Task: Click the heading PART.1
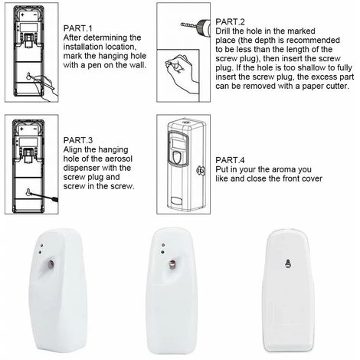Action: click(x=78, y=28)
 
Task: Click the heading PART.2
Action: click(x=230, y=21)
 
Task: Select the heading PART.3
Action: click(x=78, y=140)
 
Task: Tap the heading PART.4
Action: click(x=230, y=160)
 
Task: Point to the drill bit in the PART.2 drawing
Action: click(x=188, y=25)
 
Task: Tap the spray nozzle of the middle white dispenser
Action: click(x=172, y=264)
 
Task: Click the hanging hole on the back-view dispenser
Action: click(x=288, y=263)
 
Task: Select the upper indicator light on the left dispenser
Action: click(x=41, y=246)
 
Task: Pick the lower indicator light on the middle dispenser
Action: click(x=162, y=252)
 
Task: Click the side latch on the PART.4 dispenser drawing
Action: click(x=201, y=170)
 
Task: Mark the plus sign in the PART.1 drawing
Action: click(x=22, y=15)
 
